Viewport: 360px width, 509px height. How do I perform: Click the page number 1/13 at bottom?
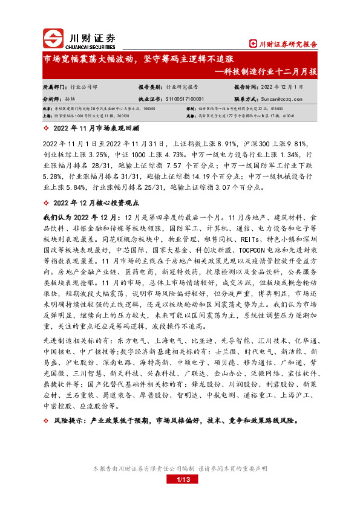coord(180,480)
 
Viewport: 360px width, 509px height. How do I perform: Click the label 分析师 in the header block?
coord(53,99)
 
